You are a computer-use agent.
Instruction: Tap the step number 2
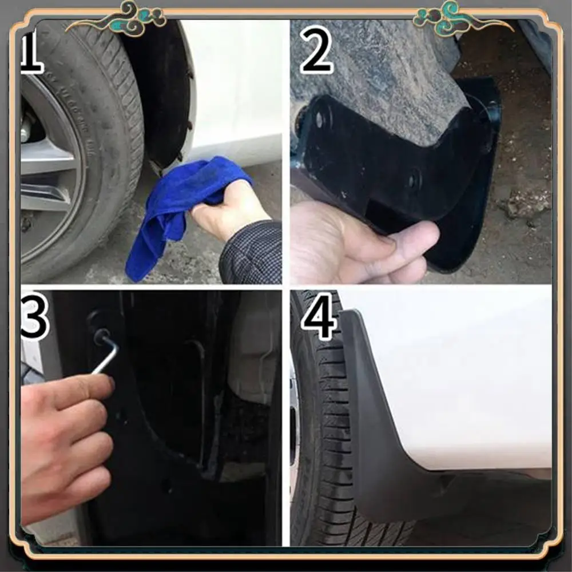pyautogui.click(x=316, y=50)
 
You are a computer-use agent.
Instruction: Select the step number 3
pyautogui.click(x=34, y=316)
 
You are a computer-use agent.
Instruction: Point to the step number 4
pyautogui.click(x=319, y=316)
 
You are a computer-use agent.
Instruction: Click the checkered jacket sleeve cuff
pyautogui.click(x=252, y=252)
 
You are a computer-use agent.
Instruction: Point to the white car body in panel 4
pyautogui.click(x=458, y=372)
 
